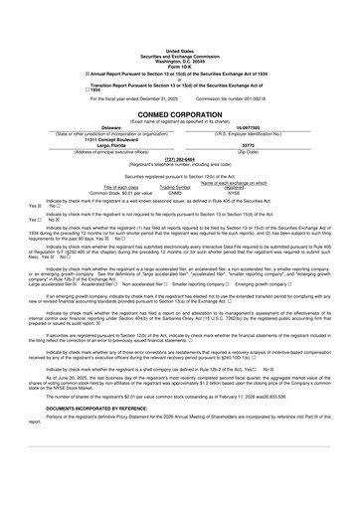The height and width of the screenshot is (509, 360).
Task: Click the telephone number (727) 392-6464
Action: (x=180, y=157)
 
